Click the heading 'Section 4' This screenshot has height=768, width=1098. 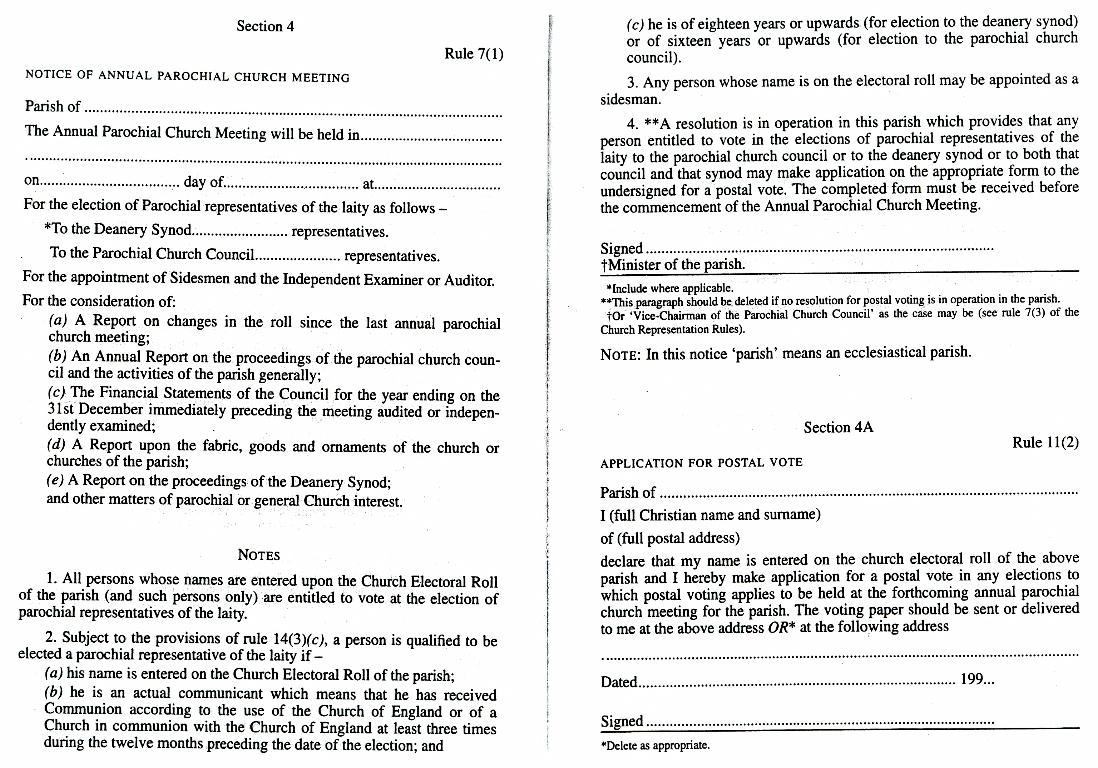pyautogui.click(x=265, y=26)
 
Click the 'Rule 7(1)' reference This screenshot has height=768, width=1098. pyautogui.click(x=474, y=54)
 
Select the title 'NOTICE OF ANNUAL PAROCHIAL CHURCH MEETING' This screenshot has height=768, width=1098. pyautogui.click(x=187, y=77)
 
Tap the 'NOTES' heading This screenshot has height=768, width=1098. pyautogui.click(x=259, y=555)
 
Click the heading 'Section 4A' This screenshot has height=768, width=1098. pyautogui.click(x=838, y=427)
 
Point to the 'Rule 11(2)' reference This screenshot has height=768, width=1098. pyautogui.click(x=1046, y=443)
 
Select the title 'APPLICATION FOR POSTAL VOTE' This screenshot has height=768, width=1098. pyautogui.click(x=701, y=463)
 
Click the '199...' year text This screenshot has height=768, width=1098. pyautogui.click(x=976, y=681)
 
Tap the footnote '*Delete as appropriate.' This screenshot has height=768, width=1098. pyautogui.click(x=655, y=745)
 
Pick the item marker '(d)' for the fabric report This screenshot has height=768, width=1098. pyautogui.click(x=58, y=447)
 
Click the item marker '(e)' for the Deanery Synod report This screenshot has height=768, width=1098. pyautogui.click(x=57, y=481)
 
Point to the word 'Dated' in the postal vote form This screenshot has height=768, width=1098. pyautogui.click(x=619, y=682)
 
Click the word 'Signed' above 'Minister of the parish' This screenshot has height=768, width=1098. pyautogui.click(x=622, y=249)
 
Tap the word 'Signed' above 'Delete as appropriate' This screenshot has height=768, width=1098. pyautogui.click(x=622, y=722)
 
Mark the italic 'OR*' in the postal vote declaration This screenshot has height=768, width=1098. pyautogui.click(x=821, y=628)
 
